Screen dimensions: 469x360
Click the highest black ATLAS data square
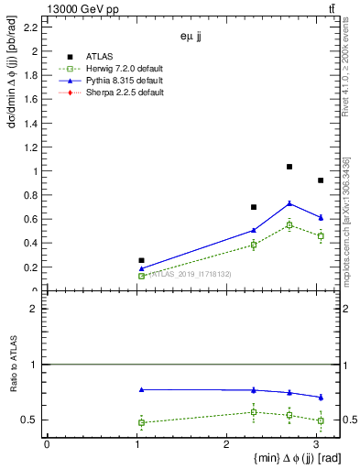tap(289, 167)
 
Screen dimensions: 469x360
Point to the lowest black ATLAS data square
tap(141, 260)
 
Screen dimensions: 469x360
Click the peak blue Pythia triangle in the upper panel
tap(289, 203)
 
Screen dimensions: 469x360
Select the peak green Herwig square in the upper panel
tap(289, 224)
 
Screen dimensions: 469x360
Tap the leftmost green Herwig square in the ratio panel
tap(141, 422)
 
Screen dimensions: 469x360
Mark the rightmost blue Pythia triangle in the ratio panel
tap(321, 398)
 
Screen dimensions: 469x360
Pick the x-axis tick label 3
tap(316, 445)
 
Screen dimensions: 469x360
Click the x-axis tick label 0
tap(47, 445)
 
